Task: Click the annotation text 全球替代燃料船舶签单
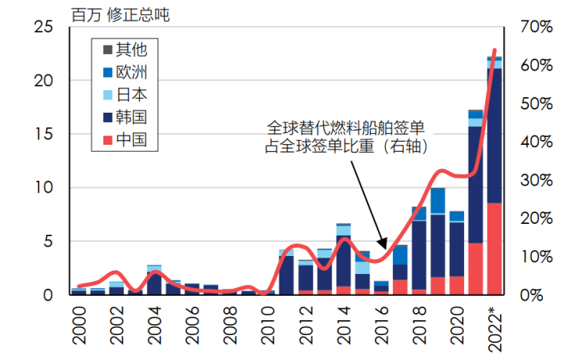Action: (x=346, y=127)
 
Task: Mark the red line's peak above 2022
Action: (x=494, y=50)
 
